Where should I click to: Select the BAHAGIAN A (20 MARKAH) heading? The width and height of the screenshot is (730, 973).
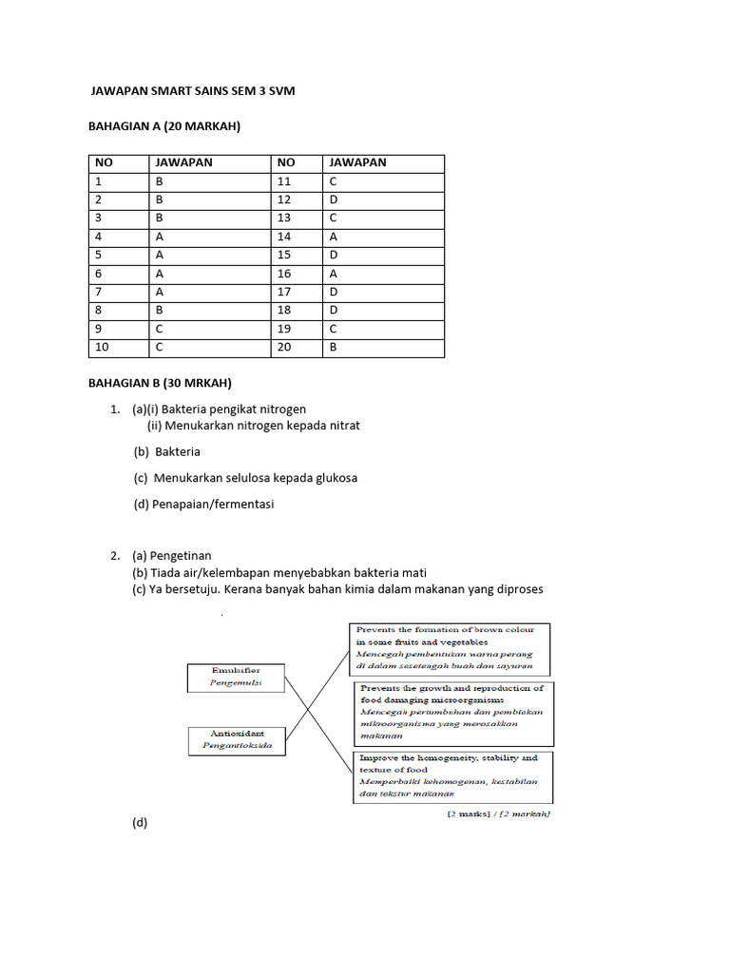tap(164, 126)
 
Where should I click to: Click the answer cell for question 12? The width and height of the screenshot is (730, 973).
tap(383, 200)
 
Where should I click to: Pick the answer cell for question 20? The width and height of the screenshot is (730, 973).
tap(383, 347)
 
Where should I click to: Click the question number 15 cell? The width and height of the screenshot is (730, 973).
tap(297, 255)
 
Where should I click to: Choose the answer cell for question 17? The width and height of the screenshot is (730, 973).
tap(383, 292)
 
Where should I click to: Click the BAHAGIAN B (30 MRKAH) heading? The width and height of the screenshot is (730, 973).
tap(160, 383)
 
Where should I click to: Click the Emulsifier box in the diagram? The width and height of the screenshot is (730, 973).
tap(237, 677)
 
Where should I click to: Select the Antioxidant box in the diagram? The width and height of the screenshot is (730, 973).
tap(237, 739)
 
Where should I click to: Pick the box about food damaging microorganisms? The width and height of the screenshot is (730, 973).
tap(454, 712)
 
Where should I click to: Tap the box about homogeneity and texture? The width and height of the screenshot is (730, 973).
tap(454, 775)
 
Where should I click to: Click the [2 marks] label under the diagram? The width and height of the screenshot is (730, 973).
tap(498, 814)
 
